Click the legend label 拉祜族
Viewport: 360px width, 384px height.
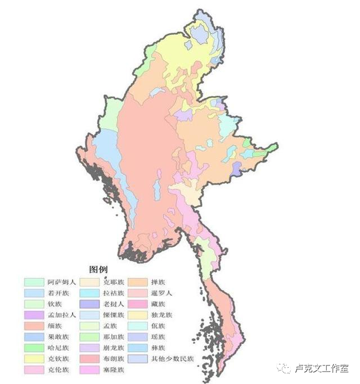(110, 293)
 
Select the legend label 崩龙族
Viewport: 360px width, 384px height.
(110, 347)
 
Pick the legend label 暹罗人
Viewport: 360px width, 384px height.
(161, 293)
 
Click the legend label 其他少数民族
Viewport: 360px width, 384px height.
(170, 358)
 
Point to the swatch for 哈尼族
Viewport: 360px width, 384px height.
(33, 347)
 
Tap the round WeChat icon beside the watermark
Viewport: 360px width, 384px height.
(286, 369)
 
